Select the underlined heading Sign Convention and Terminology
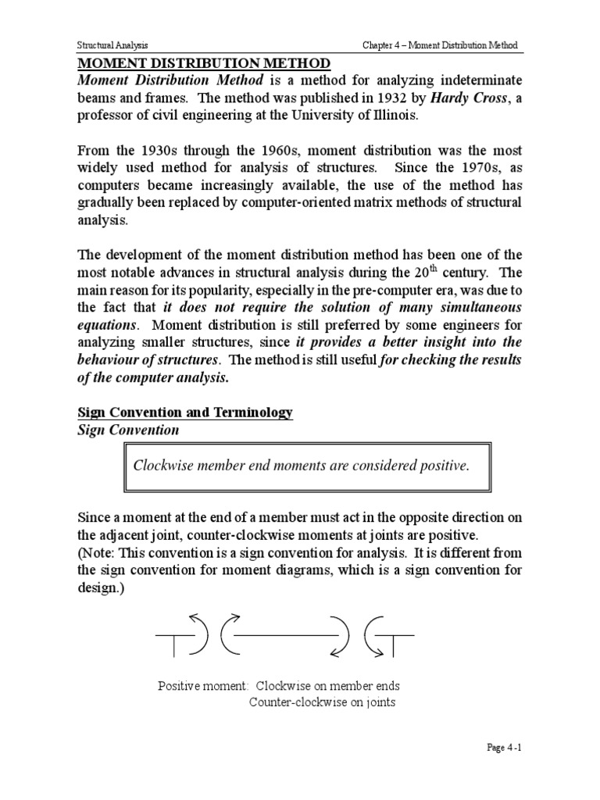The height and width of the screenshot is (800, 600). [x=184, y=412]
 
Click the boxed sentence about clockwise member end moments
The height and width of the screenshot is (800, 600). [x=302, y=466]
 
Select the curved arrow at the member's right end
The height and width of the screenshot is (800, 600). [x=341, y=635]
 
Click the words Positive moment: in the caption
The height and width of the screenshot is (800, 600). [x=203, y=686]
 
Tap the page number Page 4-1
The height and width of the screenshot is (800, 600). [x=502, y=748]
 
